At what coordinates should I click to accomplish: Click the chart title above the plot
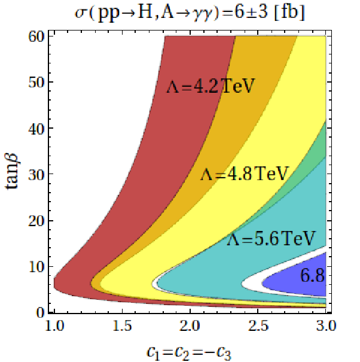click(190, 13)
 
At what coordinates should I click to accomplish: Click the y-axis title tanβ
click(12, 171)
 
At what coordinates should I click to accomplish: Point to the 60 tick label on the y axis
click(36, 36)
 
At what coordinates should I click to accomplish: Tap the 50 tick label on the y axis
click(36, 82)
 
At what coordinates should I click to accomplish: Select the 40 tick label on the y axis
click(36, 128)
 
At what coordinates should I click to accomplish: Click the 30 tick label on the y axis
click(36, 174)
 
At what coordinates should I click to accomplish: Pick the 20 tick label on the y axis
click(36, 220)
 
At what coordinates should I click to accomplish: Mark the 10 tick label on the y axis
click(36, 267)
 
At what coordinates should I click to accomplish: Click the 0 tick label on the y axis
click(40, 312)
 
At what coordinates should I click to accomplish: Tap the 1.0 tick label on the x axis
click(54, 326)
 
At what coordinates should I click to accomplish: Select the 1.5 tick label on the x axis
click(123, 326)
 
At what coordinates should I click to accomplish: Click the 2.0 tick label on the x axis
click(190, 326)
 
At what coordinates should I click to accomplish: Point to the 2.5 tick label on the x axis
click(258, 326)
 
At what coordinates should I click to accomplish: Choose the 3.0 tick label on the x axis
click(326, 326)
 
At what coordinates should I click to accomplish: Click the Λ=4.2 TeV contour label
click(210, 86)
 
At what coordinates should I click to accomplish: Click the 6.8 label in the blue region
click(313, 276)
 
